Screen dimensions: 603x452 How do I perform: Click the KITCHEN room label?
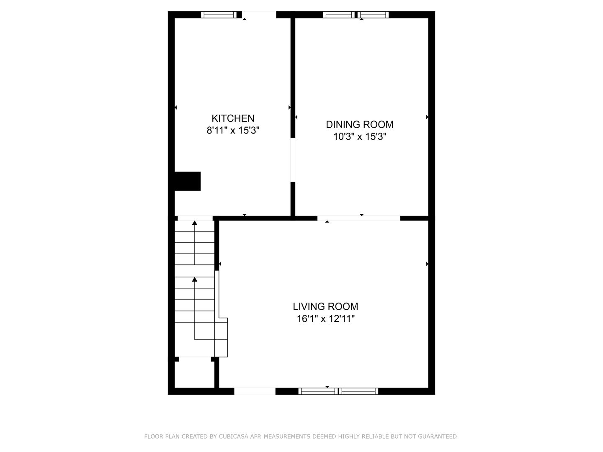coord(233,118)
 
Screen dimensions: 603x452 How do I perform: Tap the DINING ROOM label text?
coord(359,125)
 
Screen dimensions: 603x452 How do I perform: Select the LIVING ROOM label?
coord(325,306)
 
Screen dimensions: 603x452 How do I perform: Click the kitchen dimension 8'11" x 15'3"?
coord(233,130)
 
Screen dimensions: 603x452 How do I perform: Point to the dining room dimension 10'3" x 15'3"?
coord(360,136)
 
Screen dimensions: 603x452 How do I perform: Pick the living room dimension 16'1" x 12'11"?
coord(325,318)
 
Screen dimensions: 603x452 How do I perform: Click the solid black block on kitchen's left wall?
coord(188,181)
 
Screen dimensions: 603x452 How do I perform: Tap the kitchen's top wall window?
coord(219,15)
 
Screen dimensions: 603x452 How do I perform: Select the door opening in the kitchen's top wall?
coord(259,15)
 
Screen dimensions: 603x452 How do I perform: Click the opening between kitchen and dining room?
coord(293,160)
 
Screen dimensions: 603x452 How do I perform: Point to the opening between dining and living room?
coord(359,218)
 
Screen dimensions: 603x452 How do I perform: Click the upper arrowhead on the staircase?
coord(195,223)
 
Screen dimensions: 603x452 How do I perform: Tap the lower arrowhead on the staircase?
coord(195,280)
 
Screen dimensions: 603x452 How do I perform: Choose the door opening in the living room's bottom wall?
coord(255,391)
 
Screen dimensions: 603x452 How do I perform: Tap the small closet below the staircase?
coord(194,374)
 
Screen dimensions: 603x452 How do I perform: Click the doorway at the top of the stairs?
coord(195,218)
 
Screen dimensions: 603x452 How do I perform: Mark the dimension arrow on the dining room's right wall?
coord(427,117)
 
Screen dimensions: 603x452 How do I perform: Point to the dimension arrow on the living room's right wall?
coord(427,264)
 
